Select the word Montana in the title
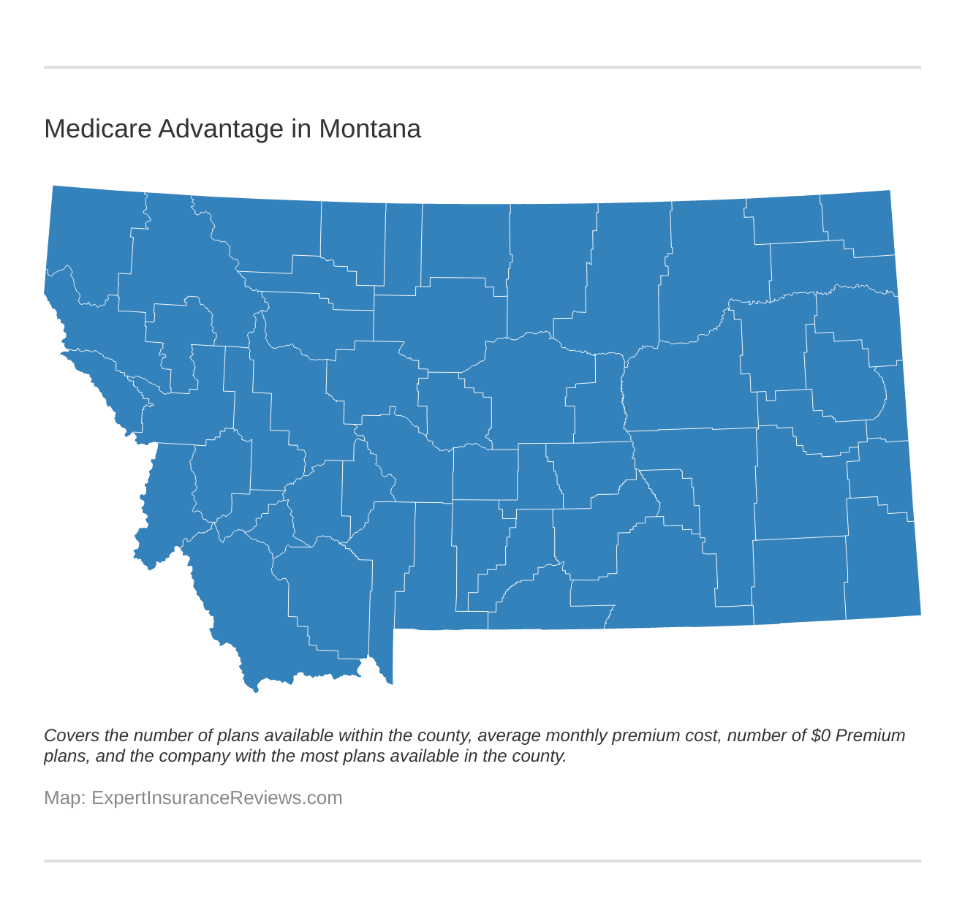[369, 129]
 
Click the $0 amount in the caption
[820, 735]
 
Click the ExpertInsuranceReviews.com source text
[216, 797]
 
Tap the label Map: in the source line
[64, 797]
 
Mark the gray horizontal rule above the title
[482, 67]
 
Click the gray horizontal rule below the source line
[482, 861]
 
